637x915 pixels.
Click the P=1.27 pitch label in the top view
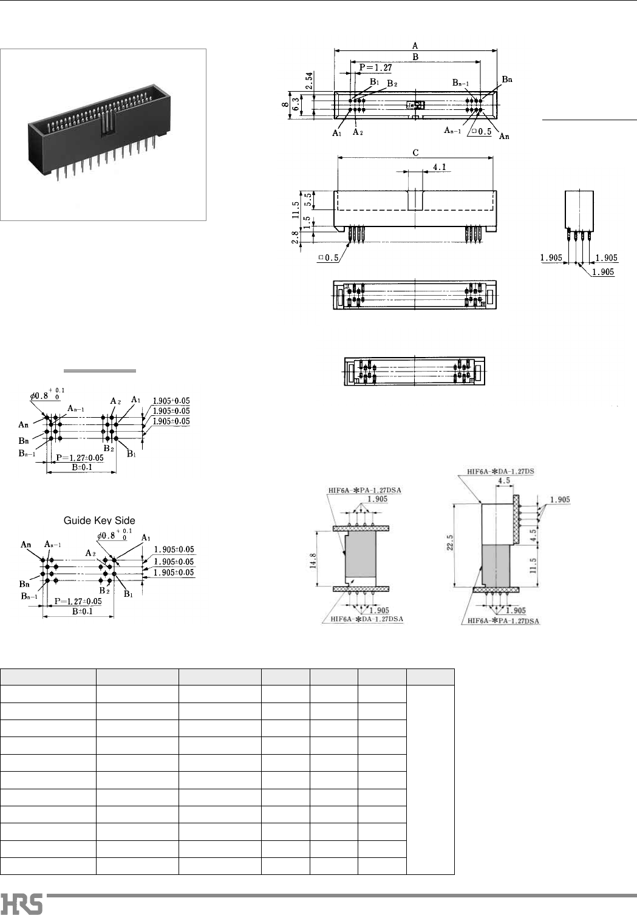click(x=375, y=68)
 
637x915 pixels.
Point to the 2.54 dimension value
click(x=310, y=81)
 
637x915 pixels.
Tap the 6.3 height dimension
click(x=296, y=104)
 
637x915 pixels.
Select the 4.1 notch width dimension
click(x=440, y=166)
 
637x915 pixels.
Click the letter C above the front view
click(x=415, y=153)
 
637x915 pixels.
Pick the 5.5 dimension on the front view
click(x=308, y=200)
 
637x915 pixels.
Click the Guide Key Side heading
click(x=100, y=520)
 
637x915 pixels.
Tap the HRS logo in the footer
click(x=22, y=903)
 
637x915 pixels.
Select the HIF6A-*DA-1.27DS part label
click(x=500, y=471)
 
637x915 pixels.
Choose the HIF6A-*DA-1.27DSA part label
click(x=367, y=619)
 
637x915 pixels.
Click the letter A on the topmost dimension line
click(x=415, y=46)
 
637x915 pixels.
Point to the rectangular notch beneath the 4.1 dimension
click(x=415, y=200)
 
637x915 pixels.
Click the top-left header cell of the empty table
click(x=49, y=677)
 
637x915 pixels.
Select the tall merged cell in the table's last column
click(x=430, y=780)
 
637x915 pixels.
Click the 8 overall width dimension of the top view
click(x=285, y=104)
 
